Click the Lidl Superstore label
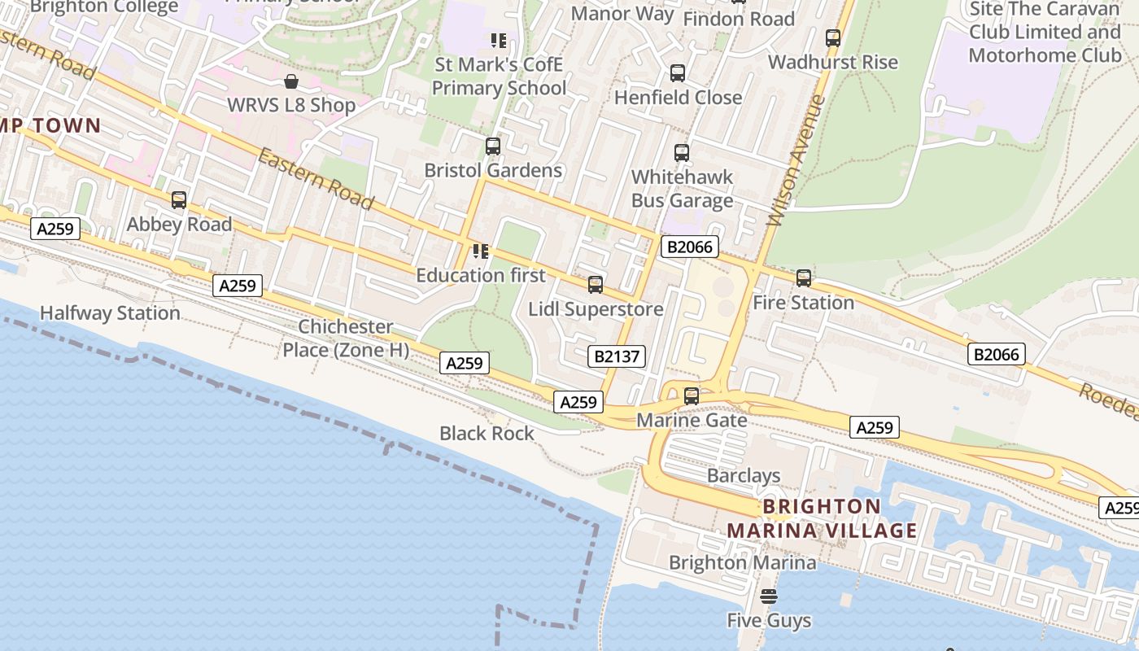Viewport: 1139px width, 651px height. coord(596,309)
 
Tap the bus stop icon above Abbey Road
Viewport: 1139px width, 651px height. coord(179,200)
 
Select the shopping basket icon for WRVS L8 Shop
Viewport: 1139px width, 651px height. coord(291,81)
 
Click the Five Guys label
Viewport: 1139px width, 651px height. coord(769,621)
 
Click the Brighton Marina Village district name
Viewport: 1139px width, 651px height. coord(822,519)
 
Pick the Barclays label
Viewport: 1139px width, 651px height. coord(744,476)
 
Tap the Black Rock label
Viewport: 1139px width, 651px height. coord(487,434)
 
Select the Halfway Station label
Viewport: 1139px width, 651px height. coord(110,313)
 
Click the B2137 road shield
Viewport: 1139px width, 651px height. coord(617,356)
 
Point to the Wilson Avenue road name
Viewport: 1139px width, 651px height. coord(796,160)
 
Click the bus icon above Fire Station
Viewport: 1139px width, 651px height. coord(804,278)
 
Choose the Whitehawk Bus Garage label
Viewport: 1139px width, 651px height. coord(682,189)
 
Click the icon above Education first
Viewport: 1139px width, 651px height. coord(481,251)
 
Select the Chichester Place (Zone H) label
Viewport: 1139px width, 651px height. coord(346,339)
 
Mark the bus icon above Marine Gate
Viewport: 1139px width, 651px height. coord(692,396)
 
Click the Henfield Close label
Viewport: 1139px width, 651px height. coord(678,98)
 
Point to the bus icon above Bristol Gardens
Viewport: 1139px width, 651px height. coord(493,146)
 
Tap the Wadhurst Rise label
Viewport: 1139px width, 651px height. coord(832,63)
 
